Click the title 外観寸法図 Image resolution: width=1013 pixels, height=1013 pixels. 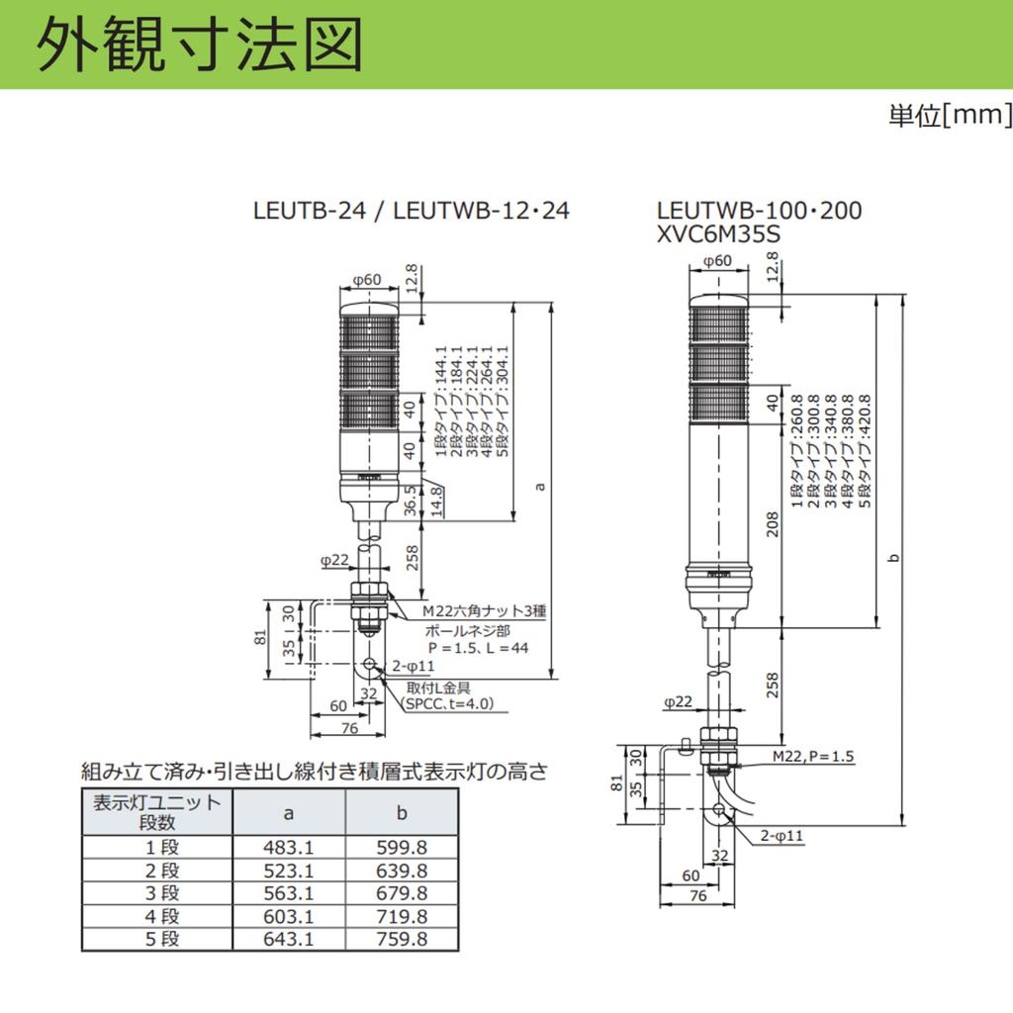click(x=198, y=45)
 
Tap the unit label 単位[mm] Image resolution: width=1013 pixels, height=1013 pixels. click(x=950, y=115)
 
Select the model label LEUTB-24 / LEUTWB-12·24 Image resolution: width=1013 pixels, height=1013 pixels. click(x=412, y=211)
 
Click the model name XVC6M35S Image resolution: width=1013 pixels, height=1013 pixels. click(x=718, y=233)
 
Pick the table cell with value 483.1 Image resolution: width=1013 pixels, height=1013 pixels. click(x=288, y=847)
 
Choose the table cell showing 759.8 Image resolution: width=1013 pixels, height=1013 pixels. click(x=402, y=938)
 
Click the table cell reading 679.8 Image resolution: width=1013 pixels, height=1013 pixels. click(x=402, y=893)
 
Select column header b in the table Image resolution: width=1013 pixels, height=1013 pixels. click(x=402, y=813)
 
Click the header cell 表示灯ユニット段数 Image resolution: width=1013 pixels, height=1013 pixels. click(x=157, y=812)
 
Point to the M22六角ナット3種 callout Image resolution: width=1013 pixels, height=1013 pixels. click(x=485, y=610)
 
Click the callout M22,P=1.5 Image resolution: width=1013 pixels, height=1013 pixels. click(x=813, y=756)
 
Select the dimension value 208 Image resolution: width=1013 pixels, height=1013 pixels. click(x=773, y=524)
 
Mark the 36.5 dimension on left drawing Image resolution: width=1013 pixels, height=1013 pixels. click(x=411, y=501)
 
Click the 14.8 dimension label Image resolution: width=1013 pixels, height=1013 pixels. click(x=437, y=502)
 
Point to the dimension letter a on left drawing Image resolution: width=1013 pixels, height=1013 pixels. click(x=540, y=487)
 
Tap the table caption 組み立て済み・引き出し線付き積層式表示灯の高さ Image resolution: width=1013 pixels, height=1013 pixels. click(x=315, y=771)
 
